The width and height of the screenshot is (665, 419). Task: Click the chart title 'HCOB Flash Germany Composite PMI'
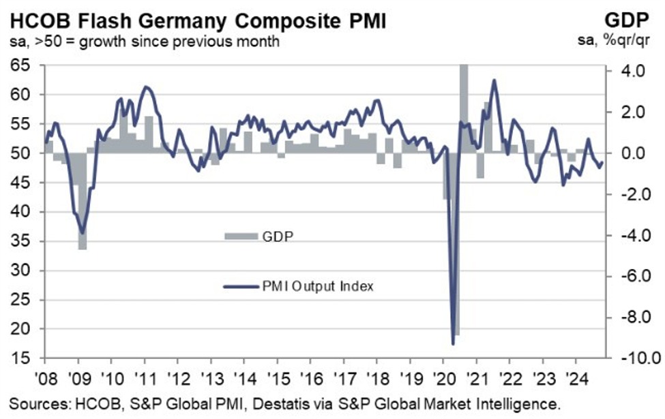(194, 20)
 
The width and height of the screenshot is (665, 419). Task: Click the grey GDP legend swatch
(240, 236)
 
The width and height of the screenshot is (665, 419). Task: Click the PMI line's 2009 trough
(83, 233)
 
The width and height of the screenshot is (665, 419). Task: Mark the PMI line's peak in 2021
(494, 80)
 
